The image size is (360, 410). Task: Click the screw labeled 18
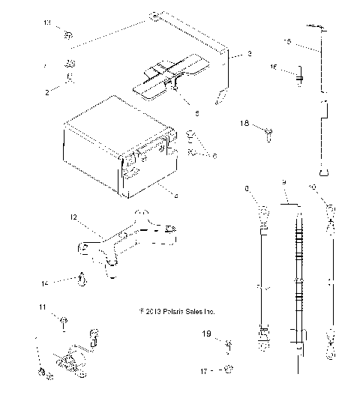pyautogui.click(x=268, y=133)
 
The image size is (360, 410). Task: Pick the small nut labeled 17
pyautogui.click(x=229, y=369)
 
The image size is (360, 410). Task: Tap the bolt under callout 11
pyautogui.click(x=64, y=323)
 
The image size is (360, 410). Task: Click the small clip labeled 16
pyautogui.click(x=298, y=75)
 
